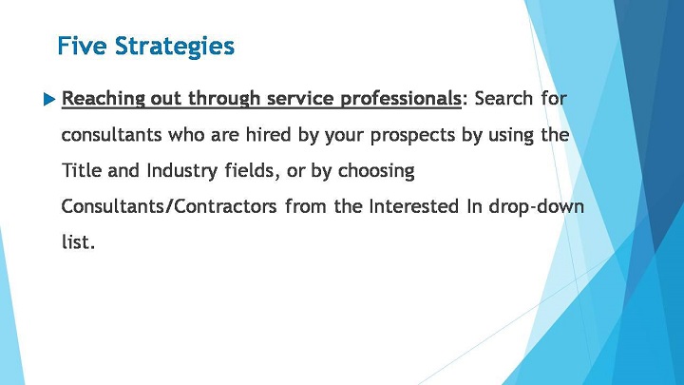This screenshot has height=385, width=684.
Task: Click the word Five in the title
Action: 82,46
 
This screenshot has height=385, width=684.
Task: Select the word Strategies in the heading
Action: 175,47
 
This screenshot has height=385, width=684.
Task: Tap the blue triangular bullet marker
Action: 49,100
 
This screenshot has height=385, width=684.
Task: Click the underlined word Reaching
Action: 104,99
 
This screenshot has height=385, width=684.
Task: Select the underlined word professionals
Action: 401,99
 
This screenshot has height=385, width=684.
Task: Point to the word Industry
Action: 182,171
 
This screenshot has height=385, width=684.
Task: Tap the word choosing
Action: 376,171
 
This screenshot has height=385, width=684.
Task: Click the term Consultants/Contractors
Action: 169,206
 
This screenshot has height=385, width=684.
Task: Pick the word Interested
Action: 413,206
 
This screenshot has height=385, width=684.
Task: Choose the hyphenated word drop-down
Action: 536,207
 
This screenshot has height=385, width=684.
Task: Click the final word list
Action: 78,241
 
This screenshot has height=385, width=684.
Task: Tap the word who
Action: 186,134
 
